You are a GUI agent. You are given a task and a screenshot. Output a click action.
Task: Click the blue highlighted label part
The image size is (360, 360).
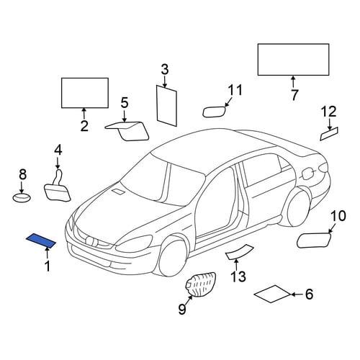tap(41, 240)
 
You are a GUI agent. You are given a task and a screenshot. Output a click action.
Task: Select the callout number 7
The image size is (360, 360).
tap(294, 95)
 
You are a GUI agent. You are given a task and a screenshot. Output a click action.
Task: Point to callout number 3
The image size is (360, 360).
tap(165, 70)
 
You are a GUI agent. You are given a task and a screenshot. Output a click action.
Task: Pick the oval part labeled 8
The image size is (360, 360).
tap(22, 198)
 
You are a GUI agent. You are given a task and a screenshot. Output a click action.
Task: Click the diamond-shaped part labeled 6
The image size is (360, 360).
tap(272, 294)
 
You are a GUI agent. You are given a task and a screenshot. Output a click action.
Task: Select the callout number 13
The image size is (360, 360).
tap(238, 276)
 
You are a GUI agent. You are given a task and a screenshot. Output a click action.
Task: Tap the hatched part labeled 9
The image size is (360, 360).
tap(201, 285)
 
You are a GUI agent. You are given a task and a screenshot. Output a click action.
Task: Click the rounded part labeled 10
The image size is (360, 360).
tap(314, 240)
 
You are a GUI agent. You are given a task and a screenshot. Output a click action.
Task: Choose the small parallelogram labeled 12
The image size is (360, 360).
tap(329, 134)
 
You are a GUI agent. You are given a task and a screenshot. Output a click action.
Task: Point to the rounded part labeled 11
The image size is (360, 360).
tap(215, 112)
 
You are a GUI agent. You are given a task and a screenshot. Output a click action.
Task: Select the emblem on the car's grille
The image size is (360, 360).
tap(91, 240)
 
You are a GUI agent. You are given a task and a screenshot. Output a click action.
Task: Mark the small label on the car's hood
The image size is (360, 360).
tap(118, 192)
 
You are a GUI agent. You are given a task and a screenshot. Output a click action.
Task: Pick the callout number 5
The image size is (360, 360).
tap(125, 103)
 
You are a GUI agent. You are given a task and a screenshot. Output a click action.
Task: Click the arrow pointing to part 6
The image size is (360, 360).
tap(297, 294)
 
